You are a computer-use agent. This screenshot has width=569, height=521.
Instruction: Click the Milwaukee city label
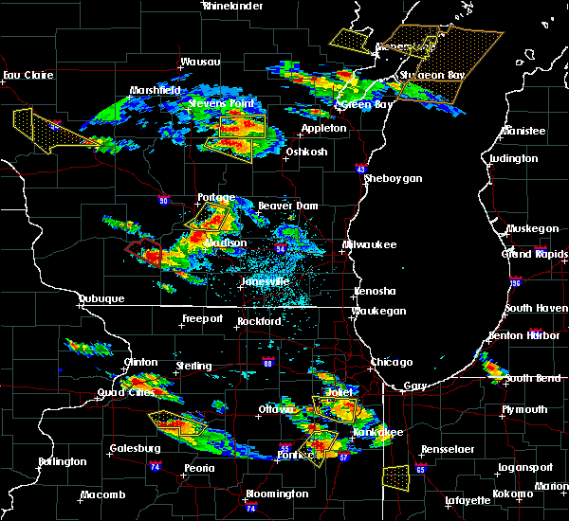[370, 244]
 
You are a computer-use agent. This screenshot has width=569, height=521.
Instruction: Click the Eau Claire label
[26, 75]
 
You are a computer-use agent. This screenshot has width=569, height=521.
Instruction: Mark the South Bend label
[532, 378]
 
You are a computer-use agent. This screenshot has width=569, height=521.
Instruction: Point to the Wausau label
[201, 63]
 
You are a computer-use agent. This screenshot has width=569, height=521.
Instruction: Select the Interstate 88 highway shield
[268, 363]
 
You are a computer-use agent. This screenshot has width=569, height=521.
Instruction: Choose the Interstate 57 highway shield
[343, 457]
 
